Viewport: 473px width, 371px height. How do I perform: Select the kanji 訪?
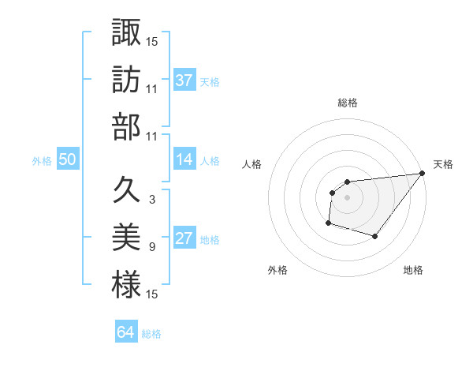(126, 79)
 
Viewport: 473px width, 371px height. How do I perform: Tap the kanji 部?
(126, 126)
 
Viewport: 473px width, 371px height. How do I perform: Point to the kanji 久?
(126, 189)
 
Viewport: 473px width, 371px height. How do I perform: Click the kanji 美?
(126, 238)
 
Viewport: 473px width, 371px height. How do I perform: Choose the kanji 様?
(126, 285)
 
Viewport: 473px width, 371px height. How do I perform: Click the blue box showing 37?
(184, 80)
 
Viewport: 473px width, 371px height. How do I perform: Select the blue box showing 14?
(184, 159)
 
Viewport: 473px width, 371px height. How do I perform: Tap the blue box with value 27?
(184, 238)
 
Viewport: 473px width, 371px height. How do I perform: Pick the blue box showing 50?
(68, 159)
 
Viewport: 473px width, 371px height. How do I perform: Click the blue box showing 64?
(126, 332)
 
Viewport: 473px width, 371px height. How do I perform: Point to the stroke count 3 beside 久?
(151, 200)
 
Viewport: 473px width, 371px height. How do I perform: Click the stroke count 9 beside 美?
(151, 247)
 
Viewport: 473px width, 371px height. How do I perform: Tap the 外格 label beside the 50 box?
(42, 160)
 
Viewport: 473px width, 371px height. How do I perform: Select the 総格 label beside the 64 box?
(151, 334)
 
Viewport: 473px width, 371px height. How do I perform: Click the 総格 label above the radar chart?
(347, 103)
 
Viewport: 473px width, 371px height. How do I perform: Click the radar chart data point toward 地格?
(375, 236)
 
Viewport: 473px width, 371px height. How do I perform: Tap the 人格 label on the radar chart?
(252, 164)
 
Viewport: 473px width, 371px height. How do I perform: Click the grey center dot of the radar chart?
(347, 197)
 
